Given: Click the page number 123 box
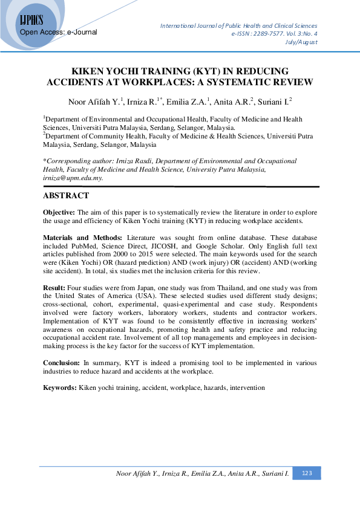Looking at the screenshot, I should (307, 473).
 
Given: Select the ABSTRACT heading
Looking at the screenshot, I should (66, 196).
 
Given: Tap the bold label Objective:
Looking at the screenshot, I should (59, 213).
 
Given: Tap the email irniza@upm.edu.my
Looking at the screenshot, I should (73, 178).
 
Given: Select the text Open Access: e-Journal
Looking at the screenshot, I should (59, 31).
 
